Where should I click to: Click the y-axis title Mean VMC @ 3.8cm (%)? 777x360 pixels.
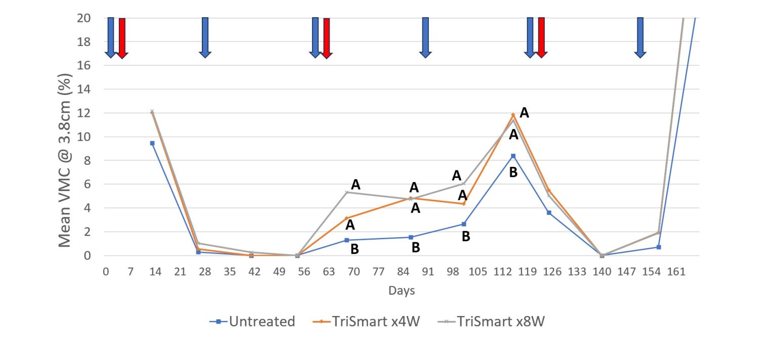click(x=65, y=161)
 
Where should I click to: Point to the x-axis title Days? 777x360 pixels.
click(x=402, y=291)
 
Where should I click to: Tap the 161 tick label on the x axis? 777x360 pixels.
click(x=676, y=272)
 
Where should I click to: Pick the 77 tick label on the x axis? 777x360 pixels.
click(x=378, y=272)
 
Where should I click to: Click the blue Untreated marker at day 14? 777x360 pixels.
click(x=152, y=143)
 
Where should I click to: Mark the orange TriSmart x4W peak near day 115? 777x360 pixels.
click(x=513, y=115)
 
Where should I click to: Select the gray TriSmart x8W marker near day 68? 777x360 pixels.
click(x=347, y=192)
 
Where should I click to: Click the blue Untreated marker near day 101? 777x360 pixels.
click(x=463, y=224)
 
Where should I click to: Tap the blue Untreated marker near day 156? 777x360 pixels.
click(x=659, y=247)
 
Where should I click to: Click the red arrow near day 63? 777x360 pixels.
click(x=326, y=38)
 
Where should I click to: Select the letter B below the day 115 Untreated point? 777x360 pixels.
click(x=513, y=172)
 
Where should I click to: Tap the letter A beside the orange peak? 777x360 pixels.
click(x=525, y=113)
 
